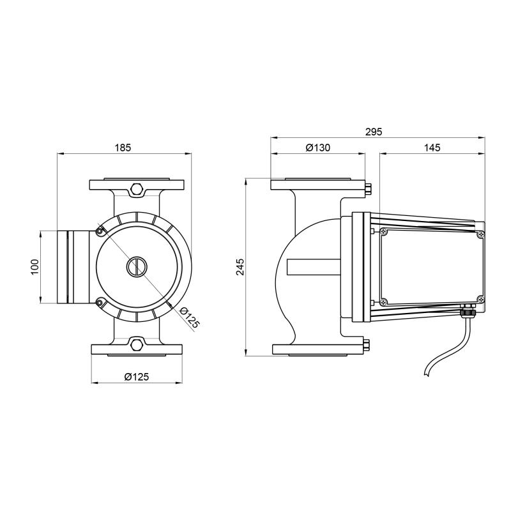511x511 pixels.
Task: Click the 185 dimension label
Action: [x=123, y=148]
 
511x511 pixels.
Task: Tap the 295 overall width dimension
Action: [x=373, y=132]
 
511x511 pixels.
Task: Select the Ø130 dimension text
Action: [x=317, y=148]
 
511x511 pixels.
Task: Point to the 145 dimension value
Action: [x=432, y=148]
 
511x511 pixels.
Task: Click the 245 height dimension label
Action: [x=240, y=266]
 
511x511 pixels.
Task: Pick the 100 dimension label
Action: [x=35, y=266]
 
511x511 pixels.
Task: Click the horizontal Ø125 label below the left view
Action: [x=137, y=377]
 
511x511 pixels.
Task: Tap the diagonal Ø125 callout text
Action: [x=189, y=317]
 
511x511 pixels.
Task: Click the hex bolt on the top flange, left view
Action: [x=137, y=189]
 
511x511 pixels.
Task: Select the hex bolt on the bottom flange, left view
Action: [x=137, y=344]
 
